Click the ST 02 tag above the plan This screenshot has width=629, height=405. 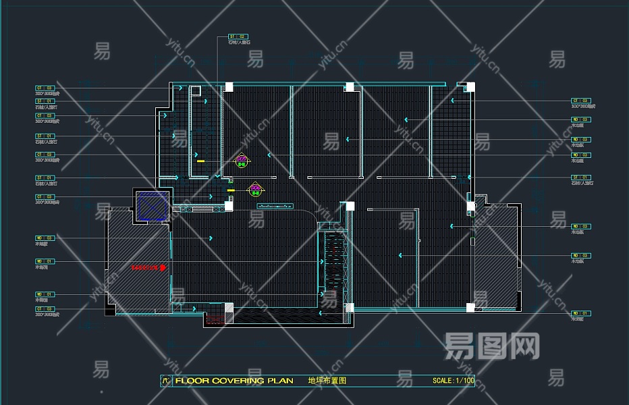(x=238, y=36)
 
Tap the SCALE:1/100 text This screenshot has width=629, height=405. (x=454, y=381)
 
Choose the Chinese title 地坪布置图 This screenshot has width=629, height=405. (x=327, y=381)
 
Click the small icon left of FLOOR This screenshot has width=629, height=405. (x=166, y=381)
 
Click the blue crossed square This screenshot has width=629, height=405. (x=151, y=207)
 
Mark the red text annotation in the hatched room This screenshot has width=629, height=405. (x=148, y=267)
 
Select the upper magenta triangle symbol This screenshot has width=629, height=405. (x=242, y=161)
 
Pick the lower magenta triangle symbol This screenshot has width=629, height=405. (x=255, y=189)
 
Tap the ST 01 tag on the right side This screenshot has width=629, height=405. (x=581, y=178)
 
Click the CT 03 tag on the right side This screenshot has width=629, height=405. (x=581, y=101)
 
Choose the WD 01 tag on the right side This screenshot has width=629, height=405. (x=581, y=313)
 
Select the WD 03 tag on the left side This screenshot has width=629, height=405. (x=45, y=238)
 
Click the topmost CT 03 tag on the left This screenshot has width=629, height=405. (x=45, y=88)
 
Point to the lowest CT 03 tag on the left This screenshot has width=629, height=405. (x=45, y=308)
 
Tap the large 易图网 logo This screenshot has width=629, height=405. (x=492, y=346)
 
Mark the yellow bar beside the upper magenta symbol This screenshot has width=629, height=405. (x=200, y=161)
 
